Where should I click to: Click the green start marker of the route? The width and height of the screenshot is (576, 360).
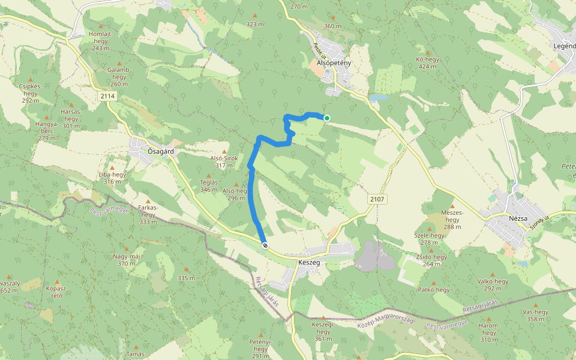point(326,118)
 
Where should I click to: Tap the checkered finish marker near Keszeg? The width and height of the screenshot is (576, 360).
point(265,245)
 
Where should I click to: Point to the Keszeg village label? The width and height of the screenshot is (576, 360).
point(309,263)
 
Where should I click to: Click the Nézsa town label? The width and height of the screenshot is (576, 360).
point(518,218)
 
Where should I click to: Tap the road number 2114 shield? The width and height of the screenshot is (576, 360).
point(108,96)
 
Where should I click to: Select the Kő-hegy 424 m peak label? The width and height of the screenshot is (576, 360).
point(427,62)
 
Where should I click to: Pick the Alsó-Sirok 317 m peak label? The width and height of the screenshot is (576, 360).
point(224,161)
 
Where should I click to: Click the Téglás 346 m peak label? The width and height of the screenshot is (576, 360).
point(209,185)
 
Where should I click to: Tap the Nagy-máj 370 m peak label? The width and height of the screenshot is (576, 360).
point(127,260)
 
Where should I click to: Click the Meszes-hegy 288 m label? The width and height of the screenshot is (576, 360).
point(452,220)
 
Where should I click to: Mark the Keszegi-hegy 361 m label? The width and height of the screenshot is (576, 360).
point(323,331)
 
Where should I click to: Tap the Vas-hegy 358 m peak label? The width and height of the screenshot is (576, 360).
point(536,315)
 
